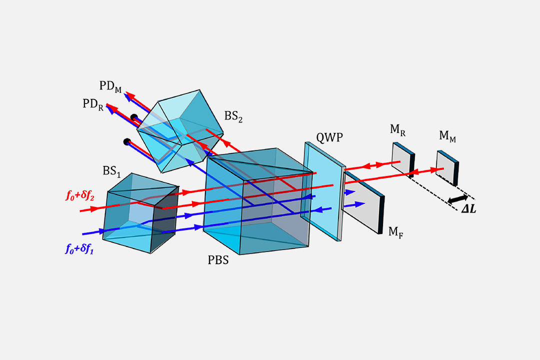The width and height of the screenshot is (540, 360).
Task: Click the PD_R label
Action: click(x=93, y=104)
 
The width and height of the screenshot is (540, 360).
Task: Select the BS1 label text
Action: click(x=112, y=171)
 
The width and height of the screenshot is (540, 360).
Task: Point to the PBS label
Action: click(x=218, y=260)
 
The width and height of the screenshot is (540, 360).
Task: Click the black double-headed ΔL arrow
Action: click(x=457, y=199)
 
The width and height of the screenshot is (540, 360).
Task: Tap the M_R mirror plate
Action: click(x=402, y=158)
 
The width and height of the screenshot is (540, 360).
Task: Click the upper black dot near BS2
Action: click(x=134, y=117)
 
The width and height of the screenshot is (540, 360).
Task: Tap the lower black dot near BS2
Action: click(x=127, y=141)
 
